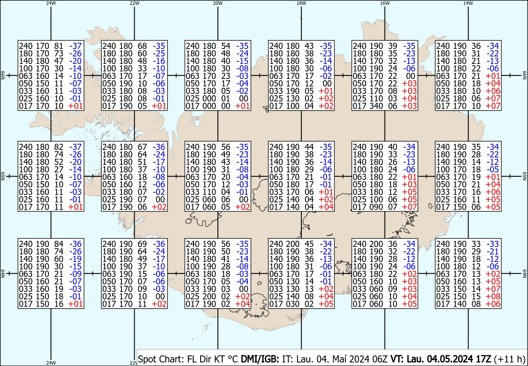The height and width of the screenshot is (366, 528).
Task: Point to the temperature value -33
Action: [492, 244]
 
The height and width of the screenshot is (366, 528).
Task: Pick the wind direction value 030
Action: [290, 304]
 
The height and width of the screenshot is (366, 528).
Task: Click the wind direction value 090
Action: [374, 207]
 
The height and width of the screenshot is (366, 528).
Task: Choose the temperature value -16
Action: [159, 61]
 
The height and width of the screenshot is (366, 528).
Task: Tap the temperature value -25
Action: [159, 53]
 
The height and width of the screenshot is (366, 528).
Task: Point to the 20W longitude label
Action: [218, 3]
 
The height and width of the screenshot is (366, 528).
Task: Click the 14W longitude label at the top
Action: [468, 3]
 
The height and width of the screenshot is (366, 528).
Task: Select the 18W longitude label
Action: [301, 3]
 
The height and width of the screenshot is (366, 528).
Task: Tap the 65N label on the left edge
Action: [3, 176]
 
